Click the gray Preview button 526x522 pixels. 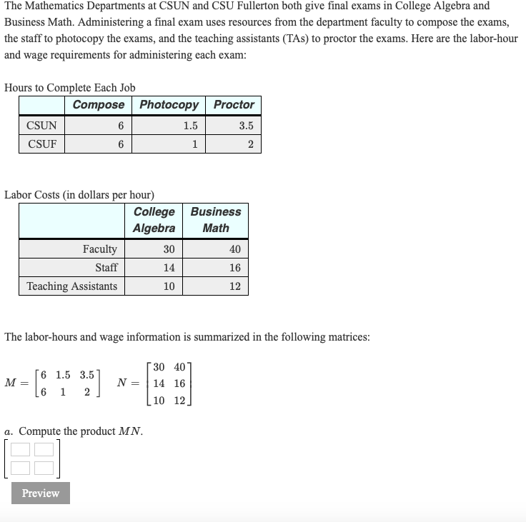(41, 493)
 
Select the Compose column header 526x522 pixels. (99, 105)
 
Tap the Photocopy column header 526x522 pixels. (169, 105)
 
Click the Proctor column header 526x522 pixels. (234, 105)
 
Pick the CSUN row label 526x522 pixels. (41, 126)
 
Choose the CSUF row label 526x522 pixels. (41, 144)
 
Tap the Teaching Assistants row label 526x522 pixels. (72, 286)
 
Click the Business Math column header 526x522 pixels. (216, 220)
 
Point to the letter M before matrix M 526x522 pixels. (10, 382)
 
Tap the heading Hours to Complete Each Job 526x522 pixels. (70, 88)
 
